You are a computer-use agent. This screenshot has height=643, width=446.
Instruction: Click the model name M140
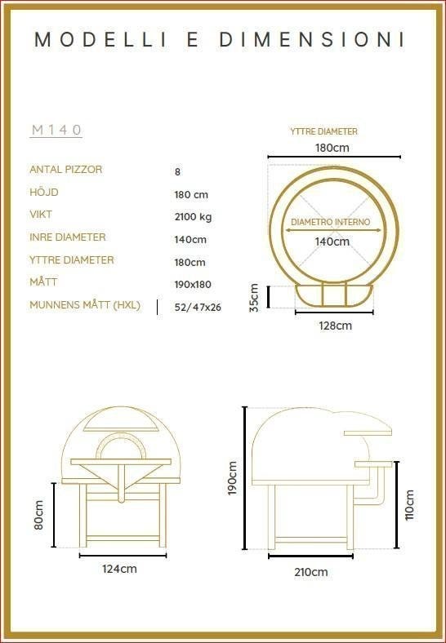(x=56, y=130)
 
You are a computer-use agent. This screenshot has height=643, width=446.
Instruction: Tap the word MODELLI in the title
(x=101, y=40)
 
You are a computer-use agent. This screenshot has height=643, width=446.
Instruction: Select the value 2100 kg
(x=193, y=216)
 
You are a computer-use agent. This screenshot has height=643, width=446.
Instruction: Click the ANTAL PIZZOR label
(x=65, y=170)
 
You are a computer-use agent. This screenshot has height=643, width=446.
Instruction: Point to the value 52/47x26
(x=198, y=307)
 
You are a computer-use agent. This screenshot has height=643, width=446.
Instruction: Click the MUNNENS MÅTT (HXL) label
(x=85, y=305)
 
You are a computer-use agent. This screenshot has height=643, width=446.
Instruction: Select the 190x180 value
(x=193, y=284)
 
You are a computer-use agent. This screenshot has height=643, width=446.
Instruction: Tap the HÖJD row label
(x=44, y=192)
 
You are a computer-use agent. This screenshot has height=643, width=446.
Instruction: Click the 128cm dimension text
(x=336, y=326)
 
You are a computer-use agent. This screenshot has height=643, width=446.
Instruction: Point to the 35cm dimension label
(x=254, y=298)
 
